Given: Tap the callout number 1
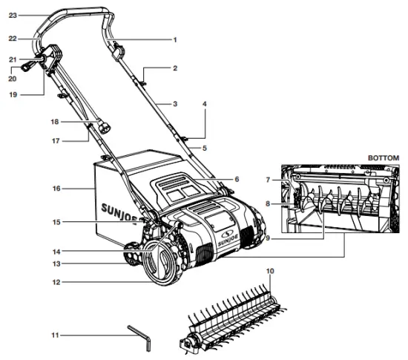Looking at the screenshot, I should pos(175,39).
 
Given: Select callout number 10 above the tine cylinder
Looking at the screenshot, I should pos(271,271).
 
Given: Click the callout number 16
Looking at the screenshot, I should pos(55,189).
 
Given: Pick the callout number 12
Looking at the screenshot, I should pos(55,282).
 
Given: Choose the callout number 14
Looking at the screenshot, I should pos(55,250).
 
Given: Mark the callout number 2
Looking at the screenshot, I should pos(175,68).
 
